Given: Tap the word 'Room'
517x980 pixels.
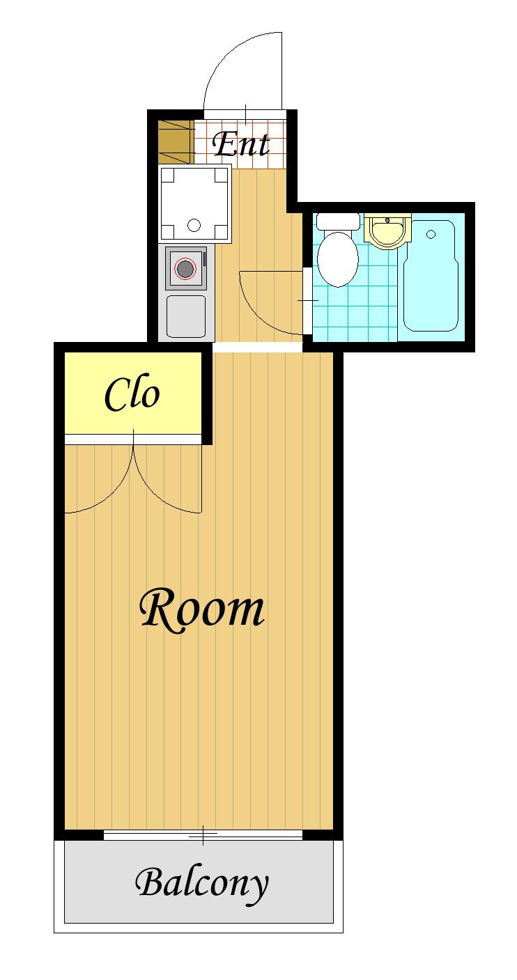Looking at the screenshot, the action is point(202,610).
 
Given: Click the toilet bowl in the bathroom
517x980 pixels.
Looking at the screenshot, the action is point(337,259).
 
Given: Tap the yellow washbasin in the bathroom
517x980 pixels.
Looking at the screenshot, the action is point(388,232).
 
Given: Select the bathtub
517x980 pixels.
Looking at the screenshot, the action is point(431,276).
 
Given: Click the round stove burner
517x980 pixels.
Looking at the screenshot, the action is point(185,268).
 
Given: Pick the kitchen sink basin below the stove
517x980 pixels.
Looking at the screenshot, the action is point(186,316).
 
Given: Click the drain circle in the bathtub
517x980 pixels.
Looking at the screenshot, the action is point(431,235).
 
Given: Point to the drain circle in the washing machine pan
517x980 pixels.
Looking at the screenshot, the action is point(194,225).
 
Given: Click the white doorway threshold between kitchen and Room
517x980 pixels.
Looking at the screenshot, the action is point(257,346).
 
